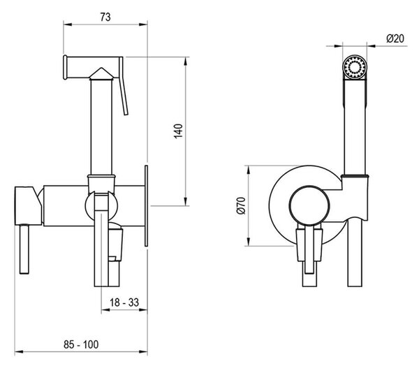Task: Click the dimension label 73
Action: coord(105,17)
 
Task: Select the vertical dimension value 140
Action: coord(179,131)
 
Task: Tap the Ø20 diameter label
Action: coord(395,38)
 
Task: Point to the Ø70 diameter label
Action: coord(241,205)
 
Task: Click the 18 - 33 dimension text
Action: coord(124,302)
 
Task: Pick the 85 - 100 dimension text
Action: coord(81,344)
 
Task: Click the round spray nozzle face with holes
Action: coord(355,67)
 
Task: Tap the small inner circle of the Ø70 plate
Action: coord(309,206)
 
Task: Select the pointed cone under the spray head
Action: coord(101,73)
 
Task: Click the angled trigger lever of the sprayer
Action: coord(123,86)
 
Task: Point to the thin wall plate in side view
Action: coord(146,206)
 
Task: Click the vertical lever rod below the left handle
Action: coord(24,249)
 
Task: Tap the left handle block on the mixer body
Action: coord(28,206)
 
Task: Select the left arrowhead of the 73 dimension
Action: coord(67,24)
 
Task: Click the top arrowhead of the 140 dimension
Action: coord(186,61)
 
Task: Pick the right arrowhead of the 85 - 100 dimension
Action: coord(143,352)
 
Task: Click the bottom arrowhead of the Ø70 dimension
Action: coord(249,242)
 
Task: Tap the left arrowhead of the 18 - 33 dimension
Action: coord(105,310)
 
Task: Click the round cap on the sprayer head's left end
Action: coord(65,67)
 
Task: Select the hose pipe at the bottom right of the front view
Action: coord(355,253)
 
